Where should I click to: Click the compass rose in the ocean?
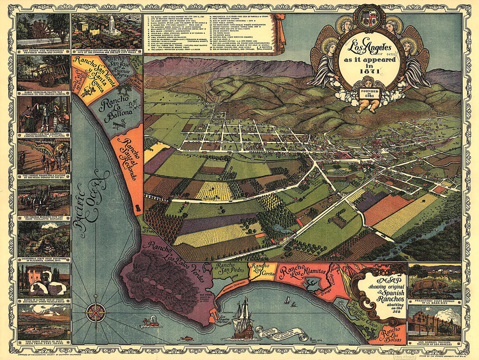[x=94, y=312]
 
